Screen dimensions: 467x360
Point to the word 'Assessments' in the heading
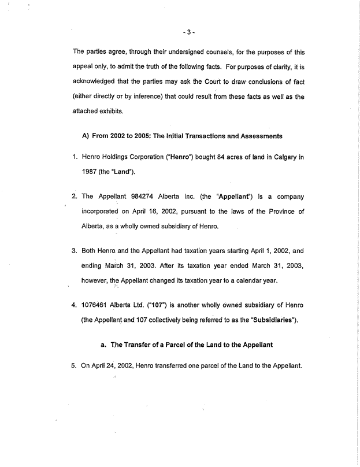pyautogui.click(x=256, y=136)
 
